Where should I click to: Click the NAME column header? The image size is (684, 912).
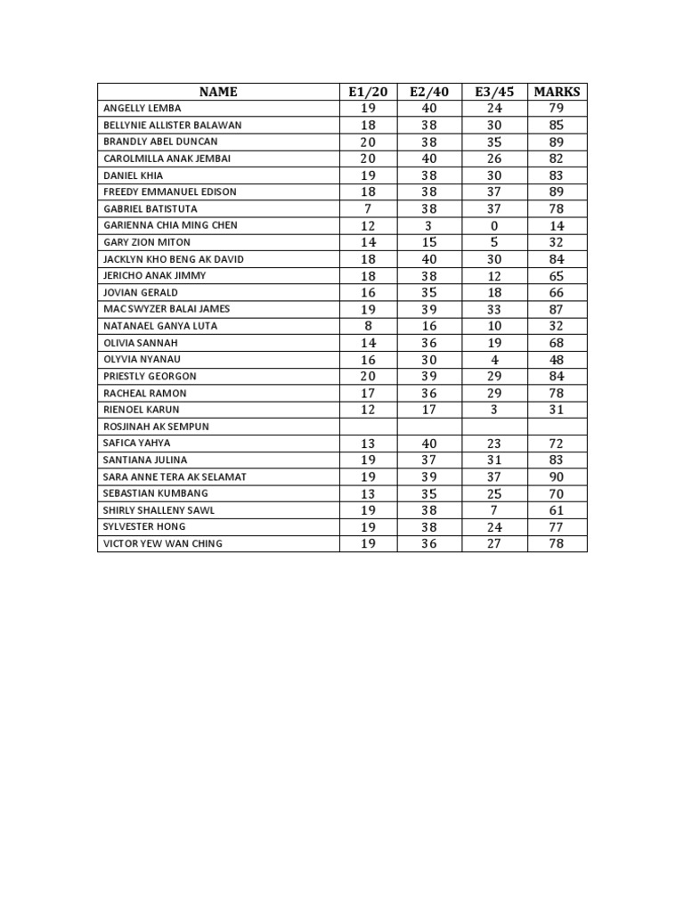pyautogui.click(x=218, y=92)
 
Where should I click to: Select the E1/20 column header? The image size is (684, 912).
pyautogui.click(x=369, y=92)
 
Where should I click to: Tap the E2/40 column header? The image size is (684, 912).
pyautogui.click(x=429, y=92)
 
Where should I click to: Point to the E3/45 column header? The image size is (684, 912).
pyautogui.click(x=494, y=92)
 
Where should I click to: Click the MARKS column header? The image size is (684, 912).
pyautogui.click(x=557, y=92)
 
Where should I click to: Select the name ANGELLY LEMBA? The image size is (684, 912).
pyautogui.click(x=142, y=108)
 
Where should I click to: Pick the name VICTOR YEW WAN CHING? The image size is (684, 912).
pyautogui.click(x=163, y=543)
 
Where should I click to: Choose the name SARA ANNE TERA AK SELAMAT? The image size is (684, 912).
pyautogui.click(x=175, y=476)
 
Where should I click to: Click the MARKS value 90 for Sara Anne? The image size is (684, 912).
pyautogui.click(x=557, y=476)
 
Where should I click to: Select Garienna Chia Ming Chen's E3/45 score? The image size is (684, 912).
pyautogui.click(x=494, y=225)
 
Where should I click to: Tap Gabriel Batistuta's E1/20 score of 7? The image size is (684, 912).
pyautogui.click(x=368, y=208)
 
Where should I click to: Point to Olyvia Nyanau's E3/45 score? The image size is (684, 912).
pyautogui.click(x=494, y=360)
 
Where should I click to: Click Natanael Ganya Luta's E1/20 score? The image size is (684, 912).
pyautogui.click(x=368, y=326)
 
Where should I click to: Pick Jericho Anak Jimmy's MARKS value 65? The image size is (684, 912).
pyautogui.click(x=557, y=276)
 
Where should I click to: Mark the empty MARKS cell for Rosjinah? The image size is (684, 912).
pyautogui.click(x=557, y=427)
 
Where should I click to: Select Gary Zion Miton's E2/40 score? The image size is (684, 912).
pyautogui.click(x=429, y=242)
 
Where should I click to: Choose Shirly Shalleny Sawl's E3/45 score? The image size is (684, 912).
pyautogui.click(x=494, y=510)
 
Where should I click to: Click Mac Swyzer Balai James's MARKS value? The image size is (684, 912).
pyautogui.click(x=557, y=309)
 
